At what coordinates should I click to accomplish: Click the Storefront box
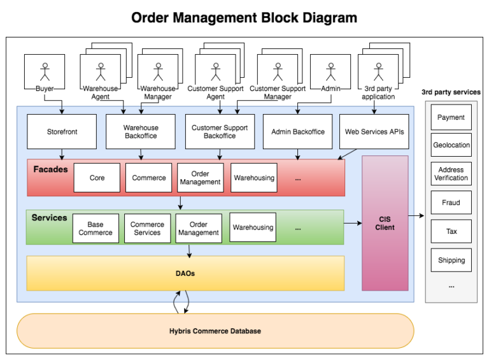point(62,132)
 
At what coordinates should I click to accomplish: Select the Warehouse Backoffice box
point(141,132)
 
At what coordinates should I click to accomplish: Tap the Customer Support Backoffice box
point(220,132)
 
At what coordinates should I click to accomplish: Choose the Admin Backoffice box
point(297,132)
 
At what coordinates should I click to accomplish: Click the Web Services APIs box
point(374,132)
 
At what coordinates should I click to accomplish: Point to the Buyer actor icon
point(45,70)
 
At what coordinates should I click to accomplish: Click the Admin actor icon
point(330,70)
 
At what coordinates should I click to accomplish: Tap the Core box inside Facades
point(97,178)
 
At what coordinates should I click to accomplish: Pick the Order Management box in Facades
point(200,178)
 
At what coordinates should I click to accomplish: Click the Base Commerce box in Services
point(96,228)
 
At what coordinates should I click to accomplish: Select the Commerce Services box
point(147,228)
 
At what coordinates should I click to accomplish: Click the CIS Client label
point(385,224)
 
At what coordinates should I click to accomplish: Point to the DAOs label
point(185,273)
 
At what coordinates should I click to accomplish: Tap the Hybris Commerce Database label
point(215,331)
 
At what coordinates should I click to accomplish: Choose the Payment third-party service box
point(451,117)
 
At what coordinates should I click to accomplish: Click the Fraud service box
point(451,203)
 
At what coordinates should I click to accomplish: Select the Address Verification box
point(451,174)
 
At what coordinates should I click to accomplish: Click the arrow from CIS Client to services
point(416,216)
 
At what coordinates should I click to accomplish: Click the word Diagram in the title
point(325,17)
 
